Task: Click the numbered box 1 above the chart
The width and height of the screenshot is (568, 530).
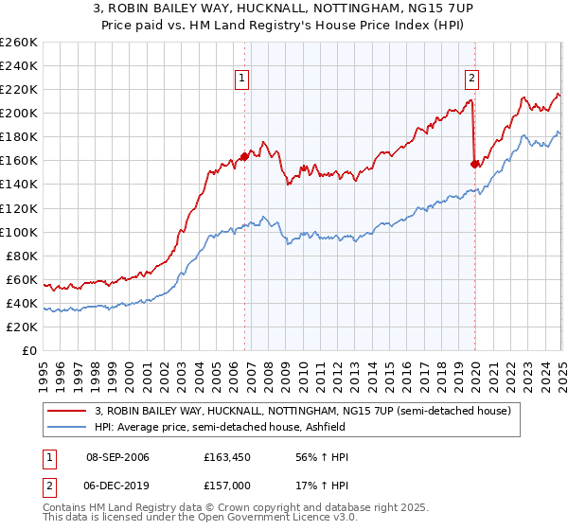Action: click(243, 79)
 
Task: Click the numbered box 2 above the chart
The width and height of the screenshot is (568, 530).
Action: click(471, 79)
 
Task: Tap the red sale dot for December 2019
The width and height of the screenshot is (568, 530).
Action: click(474, 164)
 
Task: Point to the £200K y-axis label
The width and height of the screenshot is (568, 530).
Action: click(19, 113)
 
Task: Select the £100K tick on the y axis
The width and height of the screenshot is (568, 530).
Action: click(19, 232)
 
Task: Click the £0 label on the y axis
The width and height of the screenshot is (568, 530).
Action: click(29, 350)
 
